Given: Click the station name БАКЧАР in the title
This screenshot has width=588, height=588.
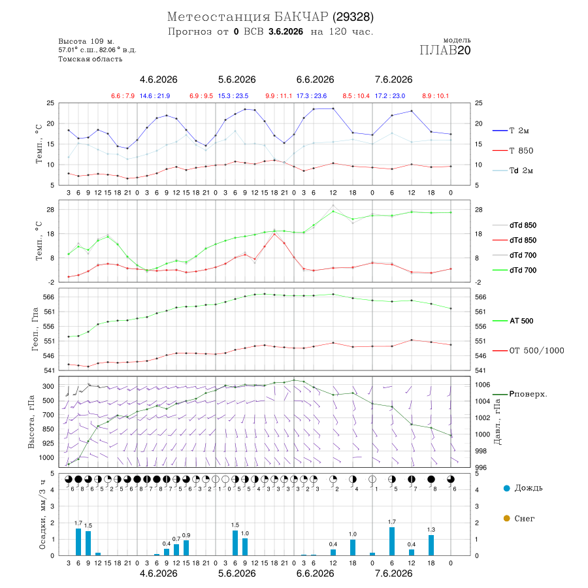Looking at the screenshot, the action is pyautogui.click(x=301, y=17).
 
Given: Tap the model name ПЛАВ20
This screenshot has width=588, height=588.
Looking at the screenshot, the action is pyautogui.click(x=445, y=50).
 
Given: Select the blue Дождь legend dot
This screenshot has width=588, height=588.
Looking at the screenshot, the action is pyautogui.click(x=506, y=488).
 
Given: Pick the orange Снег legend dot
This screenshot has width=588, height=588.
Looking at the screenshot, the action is pyautogui.click(x=506, y=518).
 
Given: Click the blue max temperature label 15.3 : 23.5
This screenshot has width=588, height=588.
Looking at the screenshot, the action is pyautogui.click(x=233, y=96).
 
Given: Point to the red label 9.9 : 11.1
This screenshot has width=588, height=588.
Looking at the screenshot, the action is pyautogui.click(x=278, y=96).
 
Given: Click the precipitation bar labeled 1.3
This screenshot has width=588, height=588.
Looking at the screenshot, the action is pyautogui.click(x=431, y=546).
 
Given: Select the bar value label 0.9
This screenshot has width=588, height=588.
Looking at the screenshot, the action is pyautogui.click(x=186, y=535).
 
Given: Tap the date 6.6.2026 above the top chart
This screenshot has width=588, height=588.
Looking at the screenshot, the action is pyautogui.click(x=315, y=80).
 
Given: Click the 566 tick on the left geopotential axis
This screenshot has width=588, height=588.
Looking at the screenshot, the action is pyautogui.click(x=49, y=297).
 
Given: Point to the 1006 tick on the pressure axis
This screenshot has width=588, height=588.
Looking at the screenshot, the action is pyautogui.click(x=482, y=385).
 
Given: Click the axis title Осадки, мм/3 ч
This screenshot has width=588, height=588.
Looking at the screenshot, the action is pyautogui.click(x=42, y=515).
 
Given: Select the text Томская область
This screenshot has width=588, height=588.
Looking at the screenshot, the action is pyautogui.click(x=90, y=59).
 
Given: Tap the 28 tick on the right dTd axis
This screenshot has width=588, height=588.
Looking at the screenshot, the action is pyautogui.click(x=478, y=210).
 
